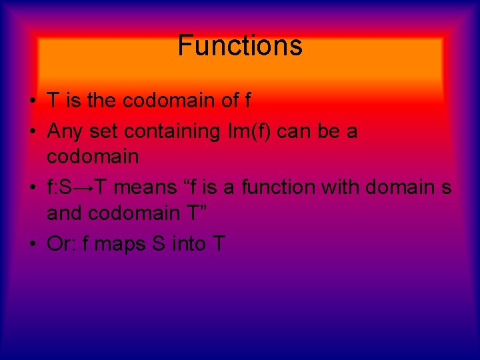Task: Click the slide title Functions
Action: (x=240, y=46)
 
